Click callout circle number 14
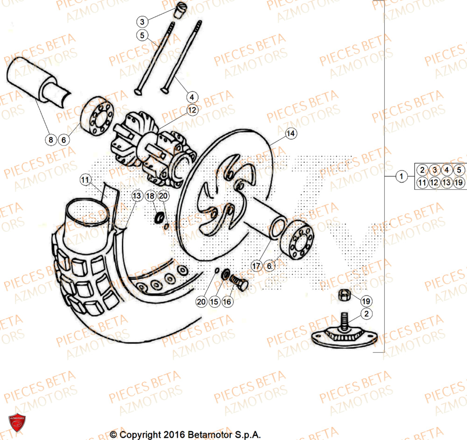290,134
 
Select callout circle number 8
51,139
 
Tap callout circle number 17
256,266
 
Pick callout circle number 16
227,302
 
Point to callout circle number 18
150,196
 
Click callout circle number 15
214,302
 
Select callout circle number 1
400,177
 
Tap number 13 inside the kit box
446,183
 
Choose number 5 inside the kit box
459,170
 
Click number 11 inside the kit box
422,183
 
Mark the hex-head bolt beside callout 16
239,282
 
